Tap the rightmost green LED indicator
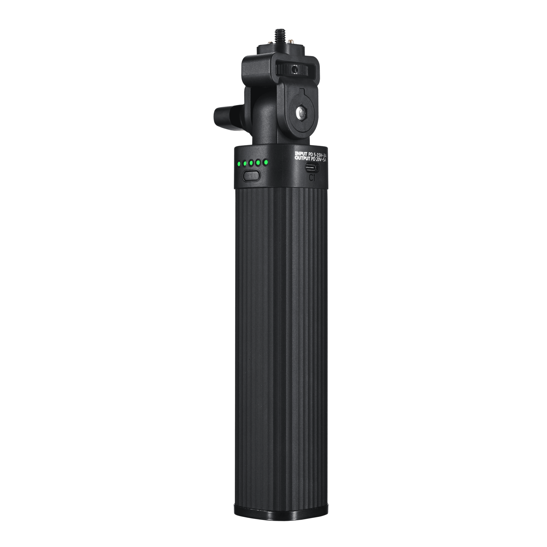(265, 162)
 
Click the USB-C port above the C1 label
(312, 168)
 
